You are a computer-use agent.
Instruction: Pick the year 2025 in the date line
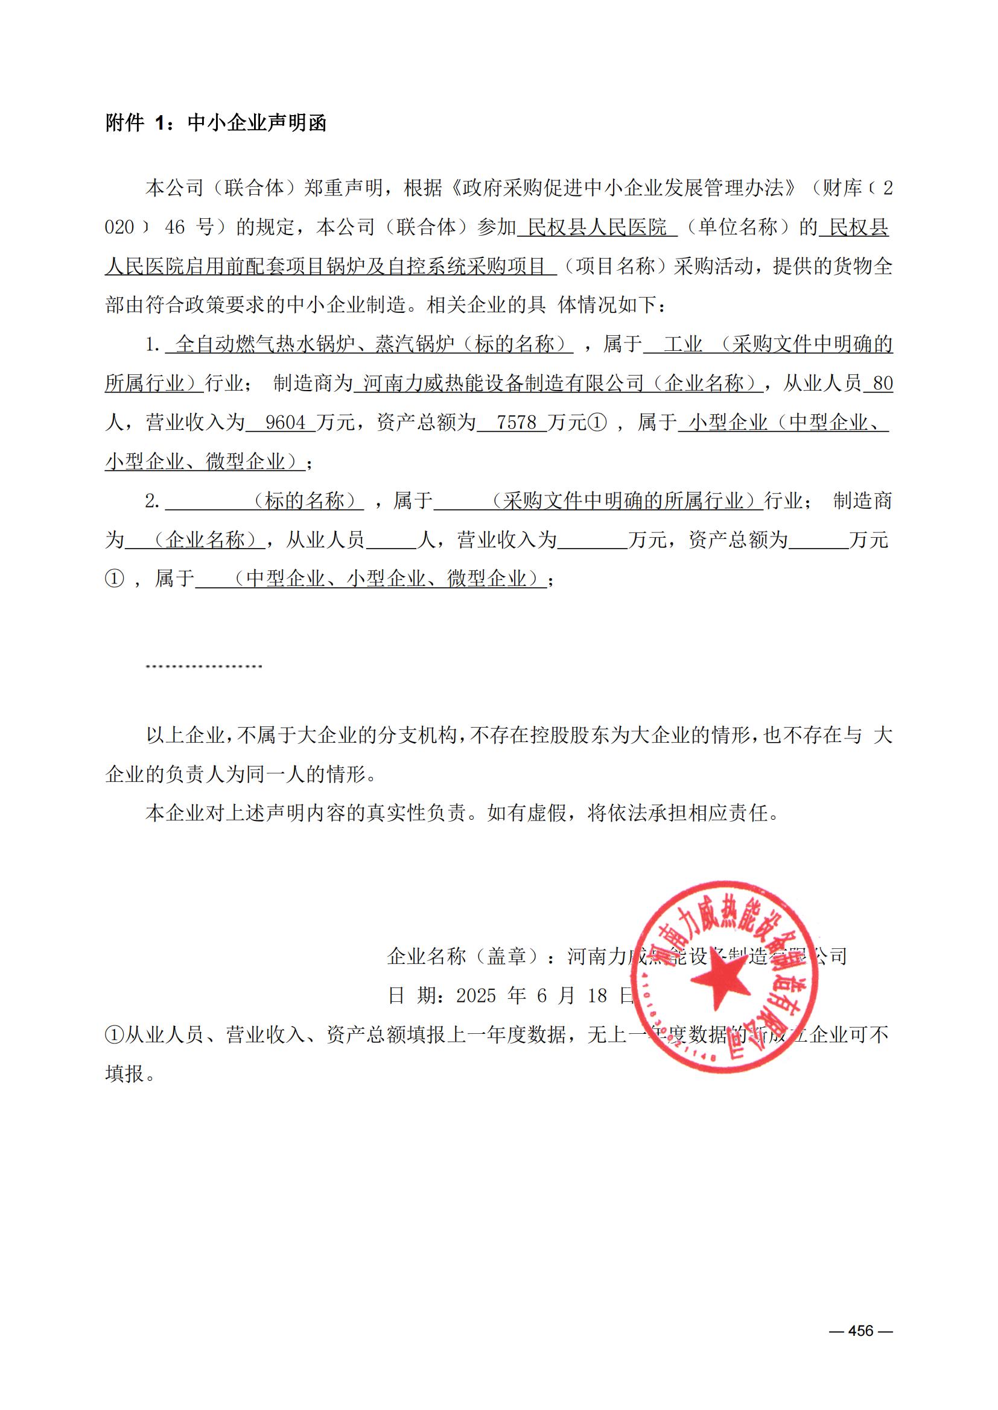click(476, 995)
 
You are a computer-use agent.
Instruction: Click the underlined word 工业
click(682, 345)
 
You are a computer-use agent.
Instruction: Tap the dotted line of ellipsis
click(204, 666)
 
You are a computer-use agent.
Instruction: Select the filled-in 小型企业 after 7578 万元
click(728, 423)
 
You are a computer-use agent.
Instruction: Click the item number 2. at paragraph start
click(153, 501)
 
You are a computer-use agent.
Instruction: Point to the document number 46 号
click(189, 227)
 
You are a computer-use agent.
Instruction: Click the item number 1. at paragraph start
click(153, 345)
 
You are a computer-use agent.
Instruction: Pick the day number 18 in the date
click(597, 995)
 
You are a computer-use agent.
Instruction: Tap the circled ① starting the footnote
click(115, 1035)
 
